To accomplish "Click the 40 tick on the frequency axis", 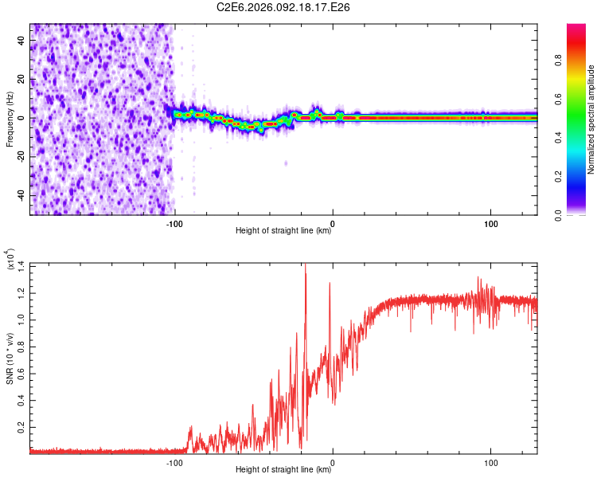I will click(22, 40).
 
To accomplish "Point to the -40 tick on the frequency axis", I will click(20, 195).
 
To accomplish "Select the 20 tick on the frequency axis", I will click(22, 79).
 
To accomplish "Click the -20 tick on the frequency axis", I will click(20, 156).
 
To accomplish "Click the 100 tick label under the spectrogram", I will click(491, 223).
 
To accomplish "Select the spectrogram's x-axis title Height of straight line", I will click(284, 232).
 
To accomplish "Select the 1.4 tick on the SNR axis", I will click(21, 265).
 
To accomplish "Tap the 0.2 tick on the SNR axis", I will click(21, 428).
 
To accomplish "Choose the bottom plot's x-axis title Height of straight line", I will click(284, 471).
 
